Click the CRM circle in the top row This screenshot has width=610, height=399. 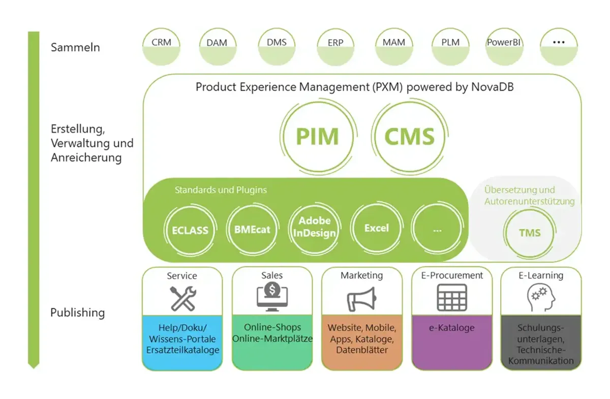162,46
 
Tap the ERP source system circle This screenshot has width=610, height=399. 335,46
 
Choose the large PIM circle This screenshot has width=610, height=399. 317,137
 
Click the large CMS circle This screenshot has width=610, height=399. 409,137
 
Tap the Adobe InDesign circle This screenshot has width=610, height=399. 314,228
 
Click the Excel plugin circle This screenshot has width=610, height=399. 376,228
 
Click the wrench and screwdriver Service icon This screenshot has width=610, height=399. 182,298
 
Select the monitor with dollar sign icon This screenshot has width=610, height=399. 272,297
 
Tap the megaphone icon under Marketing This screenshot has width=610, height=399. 361,298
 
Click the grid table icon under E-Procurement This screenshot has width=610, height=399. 452,297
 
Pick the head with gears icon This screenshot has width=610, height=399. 540,297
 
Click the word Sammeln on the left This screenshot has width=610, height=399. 75,48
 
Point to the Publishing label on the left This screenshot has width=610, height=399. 77,313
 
